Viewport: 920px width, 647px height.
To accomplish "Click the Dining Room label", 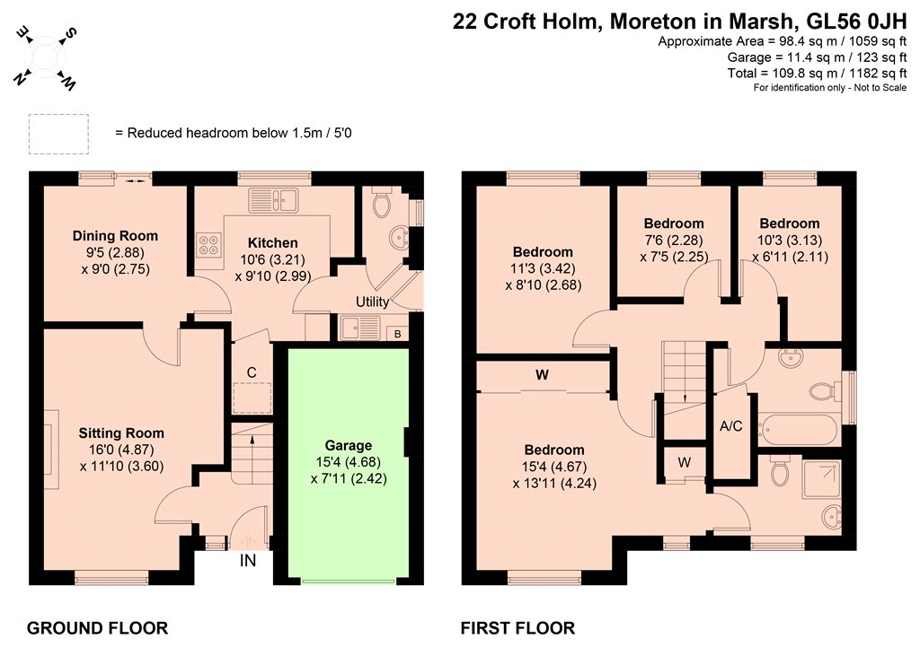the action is (x=115, y=236).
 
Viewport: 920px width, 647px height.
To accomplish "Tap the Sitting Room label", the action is (x=121, y=433).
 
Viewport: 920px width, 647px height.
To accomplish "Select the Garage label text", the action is (x=349, y=445).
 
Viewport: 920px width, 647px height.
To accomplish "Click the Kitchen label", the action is (x=273, y=242).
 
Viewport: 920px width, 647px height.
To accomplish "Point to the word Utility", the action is (x=373, y=302).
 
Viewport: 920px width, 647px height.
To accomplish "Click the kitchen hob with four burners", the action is (x=209, y=245).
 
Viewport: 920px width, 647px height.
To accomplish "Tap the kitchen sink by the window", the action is (x=273, y=200).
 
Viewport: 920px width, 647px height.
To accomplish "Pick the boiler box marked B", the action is (x=398, y=334).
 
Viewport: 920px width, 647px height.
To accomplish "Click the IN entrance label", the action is (x=248, y=561).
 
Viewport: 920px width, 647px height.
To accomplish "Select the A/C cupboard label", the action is (x=731, y=426).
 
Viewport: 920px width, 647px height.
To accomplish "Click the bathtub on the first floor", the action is (x=798, y=430).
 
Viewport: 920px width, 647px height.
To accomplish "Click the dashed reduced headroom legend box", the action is (x=58, y=135).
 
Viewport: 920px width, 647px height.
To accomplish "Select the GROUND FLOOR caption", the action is (x=97, y=628).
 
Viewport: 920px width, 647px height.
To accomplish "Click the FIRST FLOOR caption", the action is (x=517, y=628).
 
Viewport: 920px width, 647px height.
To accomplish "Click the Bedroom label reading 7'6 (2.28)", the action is (x=674, y=223).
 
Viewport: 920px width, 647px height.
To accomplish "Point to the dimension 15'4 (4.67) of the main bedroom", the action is (x=554, y=468).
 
